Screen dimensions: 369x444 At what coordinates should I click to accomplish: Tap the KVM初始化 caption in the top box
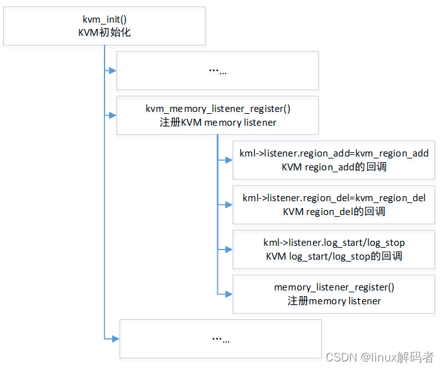pyautogui.click(x=105, y=32)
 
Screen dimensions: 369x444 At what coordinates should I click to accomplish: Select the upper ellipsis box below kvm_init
pyautogui.click(x=217, y=70)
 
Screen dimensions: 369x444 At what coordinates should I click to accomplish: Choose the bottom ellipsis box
pyautogui.click(x=220, y=339)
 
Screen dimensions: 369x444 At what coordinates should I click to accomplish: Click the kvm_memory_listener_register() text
pyautogui.click(x=218, y=109)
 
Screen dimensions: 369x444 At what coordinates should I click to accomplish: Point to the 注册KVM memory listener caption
pyautogui.click(x=218, y=122)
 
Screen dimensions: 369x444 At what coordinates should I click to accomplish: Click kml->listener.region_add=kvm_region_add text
pyautogui.click(x=334, y=153)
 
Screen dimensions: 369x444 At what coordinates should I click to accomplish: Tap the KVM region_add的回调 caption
pyautogui.click(x=334, y=167)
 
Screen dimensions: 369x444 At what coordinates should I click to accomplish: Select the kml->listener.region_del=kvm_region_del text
pyautogui.click(x=334, y=198)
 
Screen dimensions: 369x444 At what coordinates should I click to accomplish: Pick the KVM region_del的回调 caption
pyautogui.click(x=334, y=211)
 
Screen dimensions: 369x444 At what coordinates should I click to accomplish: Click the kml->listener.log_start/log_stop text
pyautogui.click(x=334, y=243)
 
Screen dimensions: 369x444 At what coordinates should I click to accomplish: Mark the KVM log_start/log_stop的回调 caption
pyautogui.click(x=334, y=256)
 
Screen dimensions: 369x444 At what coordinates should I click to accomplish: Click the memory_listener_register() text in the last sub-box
pyautogui.click(x=334, y=287)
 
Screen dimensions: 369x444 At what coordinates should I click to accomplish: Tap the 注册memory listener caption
pyautogui.click(x=334, y=300)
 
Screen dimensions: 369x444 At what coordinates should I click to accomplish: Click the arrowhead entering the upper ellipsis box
pyautogui.click(x=113, y=70)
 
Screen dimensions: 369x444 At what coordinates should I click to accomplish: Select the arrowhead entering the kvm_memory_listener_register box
pyautogui.click(x=113, y=115)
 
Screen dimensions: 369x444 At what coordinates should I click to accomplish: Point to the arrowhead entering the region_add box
pyautogui.click(x=229, y=160)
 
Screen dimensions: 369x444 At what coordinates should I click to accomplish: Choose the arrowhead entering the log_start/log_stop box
pyautogui.click(x=229, y=249)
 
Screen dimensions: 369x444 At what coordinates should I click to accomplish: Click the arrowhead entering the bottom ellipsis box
pyautogui.click(x=115, y=339)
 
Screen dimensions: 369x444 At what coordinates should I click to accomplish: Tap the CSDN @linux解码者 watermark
pyautogui.click(x=380, y=357)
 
